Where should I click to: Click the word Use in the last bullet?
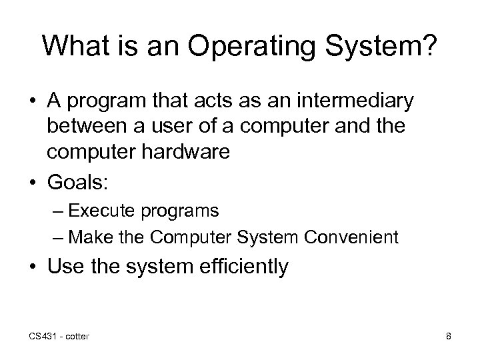[64, 267]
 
